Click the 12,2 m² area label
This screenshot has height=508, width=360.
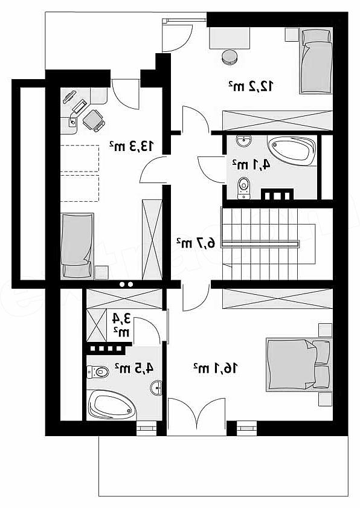(251, 86)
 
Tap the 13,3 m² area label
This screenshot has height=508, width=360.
(131, 146)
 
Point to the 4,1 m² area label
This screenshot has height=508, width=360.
(251, 164)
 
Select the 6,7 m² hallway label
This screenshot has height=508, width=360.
(196, 243)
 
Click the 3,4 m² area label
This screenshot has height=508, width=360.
(121, 325)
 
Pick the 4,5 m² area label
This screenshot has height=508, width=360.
(134, 368)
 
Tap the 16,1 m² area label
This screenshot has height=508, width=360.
(216, 368)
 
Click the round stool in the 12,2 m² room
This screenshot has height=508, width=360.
(230, 57)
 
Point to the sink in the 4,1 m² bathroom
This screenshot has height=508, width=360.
(243, 141)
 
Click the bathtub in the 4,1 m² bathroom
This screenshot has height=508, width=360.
(292, 151)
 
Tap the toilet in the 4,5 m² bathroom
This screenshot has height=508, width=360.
(97, 371)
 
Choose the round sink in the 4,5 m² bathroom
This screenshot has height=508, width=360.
(157, 388)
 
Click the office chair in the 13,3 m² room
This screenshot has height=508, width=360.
(94, 120)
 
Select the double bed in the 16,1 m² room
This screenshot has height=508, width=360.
(299, 365)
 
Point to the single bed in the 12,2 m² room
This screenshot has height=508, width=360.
(316, 61)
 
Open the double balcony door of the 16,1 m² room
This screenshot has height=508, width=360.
(196, 417)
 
